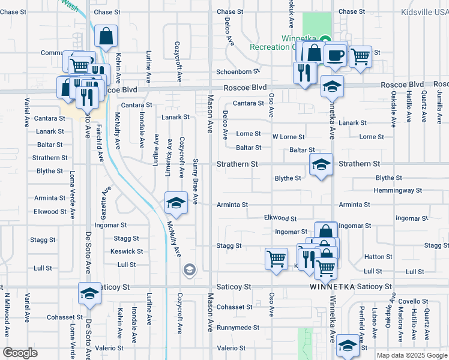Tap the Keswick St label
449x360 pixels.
(x=127, y=251)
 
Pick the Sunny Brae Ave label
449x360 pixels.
(x=196, y=182)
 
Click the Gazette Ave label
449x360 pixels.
(x=107, y=199)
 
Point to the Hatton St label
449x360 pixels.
(x=378, y=257)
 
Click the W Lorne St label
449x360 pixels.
(x=288, y=137)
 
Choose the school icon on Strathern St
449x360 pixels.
(x=321, y=164)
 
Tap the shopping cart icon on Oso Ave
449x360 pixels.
(x=276, y=259)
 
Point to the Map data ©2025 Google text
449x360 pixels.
(x=411, y=355)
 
